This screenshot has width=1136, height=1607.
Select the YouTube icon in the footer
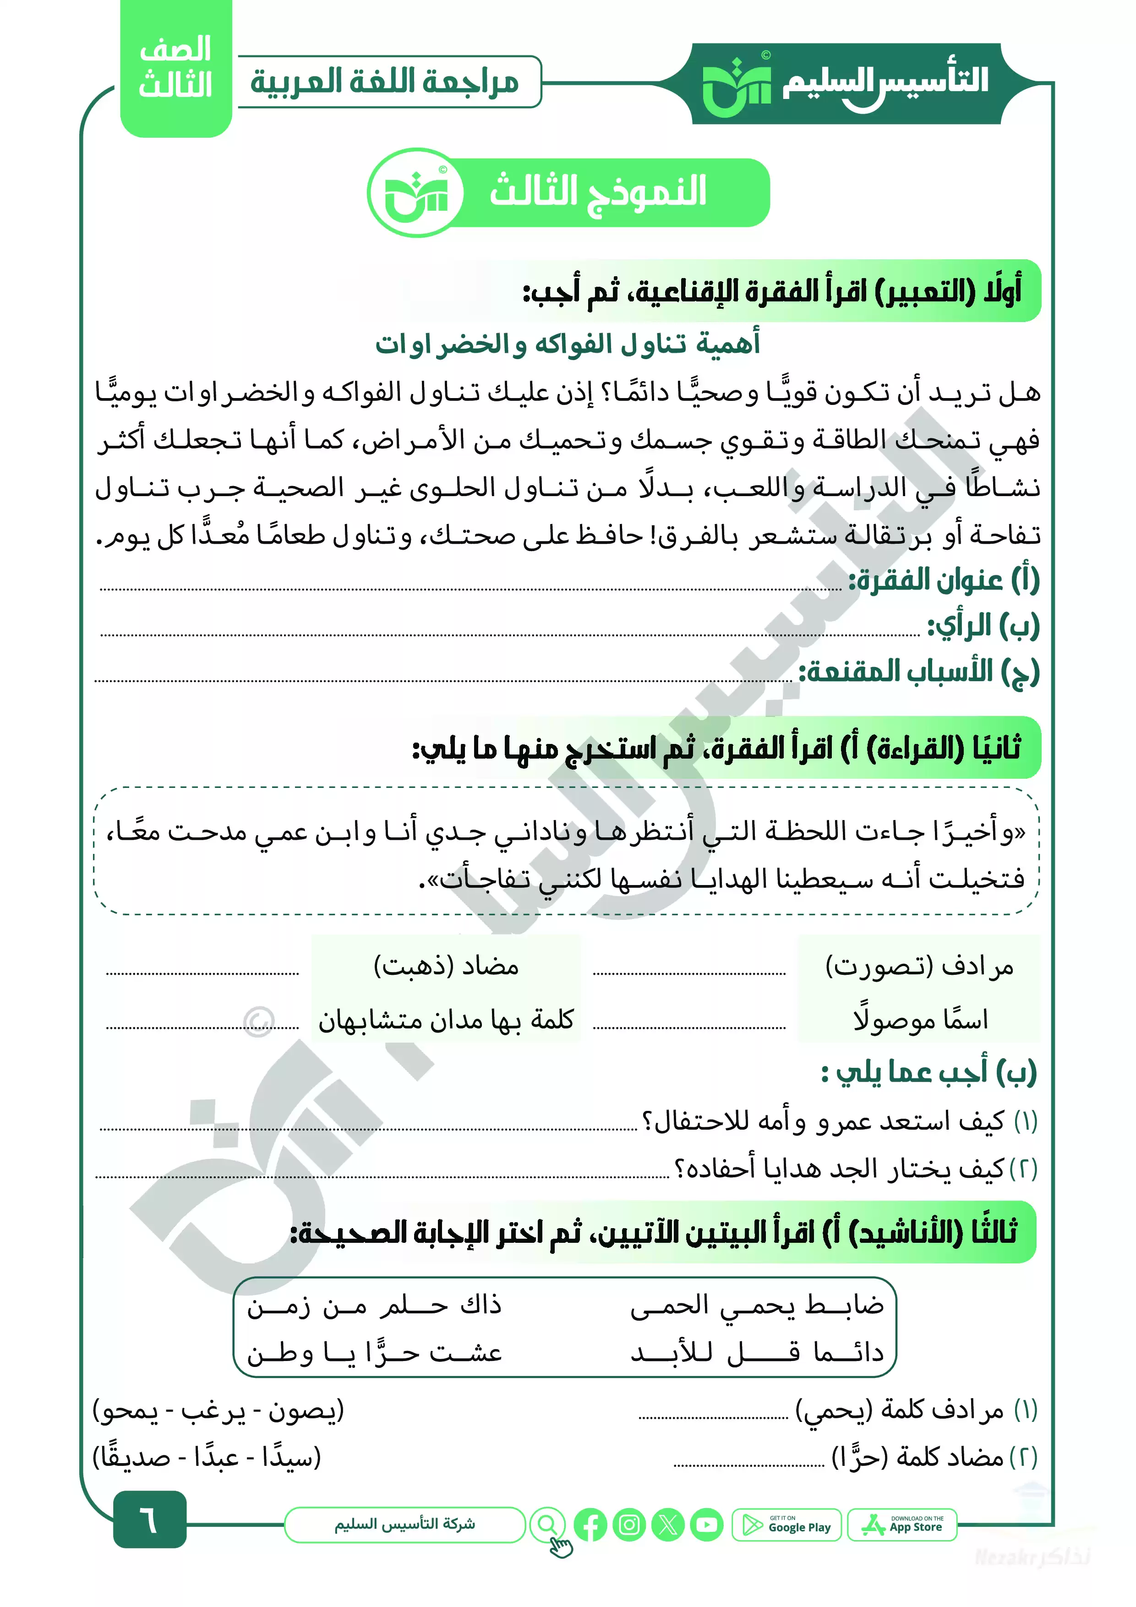[x=706, y=1525]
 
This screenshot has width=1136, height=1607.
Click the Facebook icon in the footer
[x=590, y=1525]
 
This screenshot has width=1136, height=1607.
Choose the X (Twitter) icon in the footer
[x=668, y=1525]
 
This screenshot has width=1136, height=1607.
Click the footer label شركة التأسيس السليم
[x=404, y=1524]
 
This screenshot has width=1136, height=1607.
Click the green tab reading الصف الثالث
[x=176, y=68]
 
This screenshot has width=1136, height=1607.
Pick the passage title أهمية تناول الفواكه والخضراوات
[x=568, y=344]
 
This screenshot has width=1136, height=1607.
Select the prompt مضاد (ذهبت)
[x=446, y=967]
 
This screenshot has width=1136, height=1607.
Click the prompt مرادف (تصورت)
[x=919, y=967]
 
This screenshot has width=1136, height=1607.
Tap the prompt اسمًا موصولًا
[x=920, y=1020]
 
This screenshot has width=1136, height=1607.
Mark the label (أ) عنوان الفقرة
[x=944, y=580]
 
